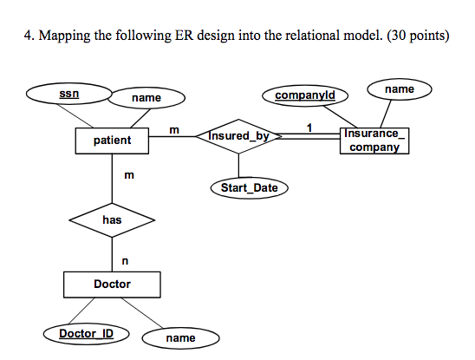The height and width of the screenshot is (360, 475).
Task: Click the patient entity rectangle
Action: tap(112, 140)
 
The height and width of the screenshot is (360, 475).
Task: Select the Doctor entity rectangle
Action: tap(112, 284)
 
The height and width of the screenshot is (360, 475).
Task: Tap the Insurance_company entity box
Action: tap(374, 140)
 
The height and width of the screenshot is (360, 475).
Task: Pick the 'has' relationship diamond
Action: tap(112, 220)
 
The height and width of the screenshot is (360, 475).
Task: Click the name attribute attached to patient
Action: tap(146, 98)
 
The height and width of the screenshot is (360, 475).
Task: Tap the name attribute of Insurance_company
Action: tap(399, 88)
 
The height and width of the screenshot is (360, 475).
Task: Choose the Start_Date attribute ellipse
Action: tap(249, 187)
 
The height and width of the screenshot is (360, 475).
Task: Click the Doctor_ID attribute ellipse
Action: tap(86, 333)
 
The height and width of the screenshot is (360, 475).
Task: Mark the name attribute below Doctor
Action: tap(180, 337)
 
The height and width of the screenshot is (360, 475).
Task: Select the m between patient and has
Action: tap(128, 176)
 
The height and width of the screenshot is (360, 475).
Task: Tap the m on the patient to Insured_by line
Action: tap(174, 129)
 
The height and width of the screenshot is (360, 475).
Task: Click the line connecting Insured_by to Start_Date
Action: tap(240, 166)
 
